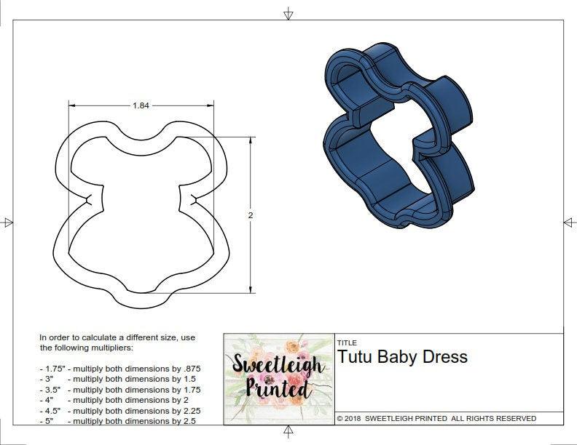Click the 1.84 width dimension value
[141, 105]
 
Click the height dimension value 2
[251, 216]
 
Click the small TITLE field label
[347, 343]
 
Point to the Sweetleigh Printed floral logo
[278, 378]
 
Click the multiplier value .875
[188, 369]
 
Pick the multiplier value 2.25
[187, 410]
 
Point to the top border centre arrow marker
[288, 13]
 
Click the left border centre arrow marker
[8, 222]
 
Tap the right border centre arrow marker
[568, 222]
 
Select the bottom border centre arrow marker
[288, 433]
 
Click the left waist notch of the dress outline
[89, 199]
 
